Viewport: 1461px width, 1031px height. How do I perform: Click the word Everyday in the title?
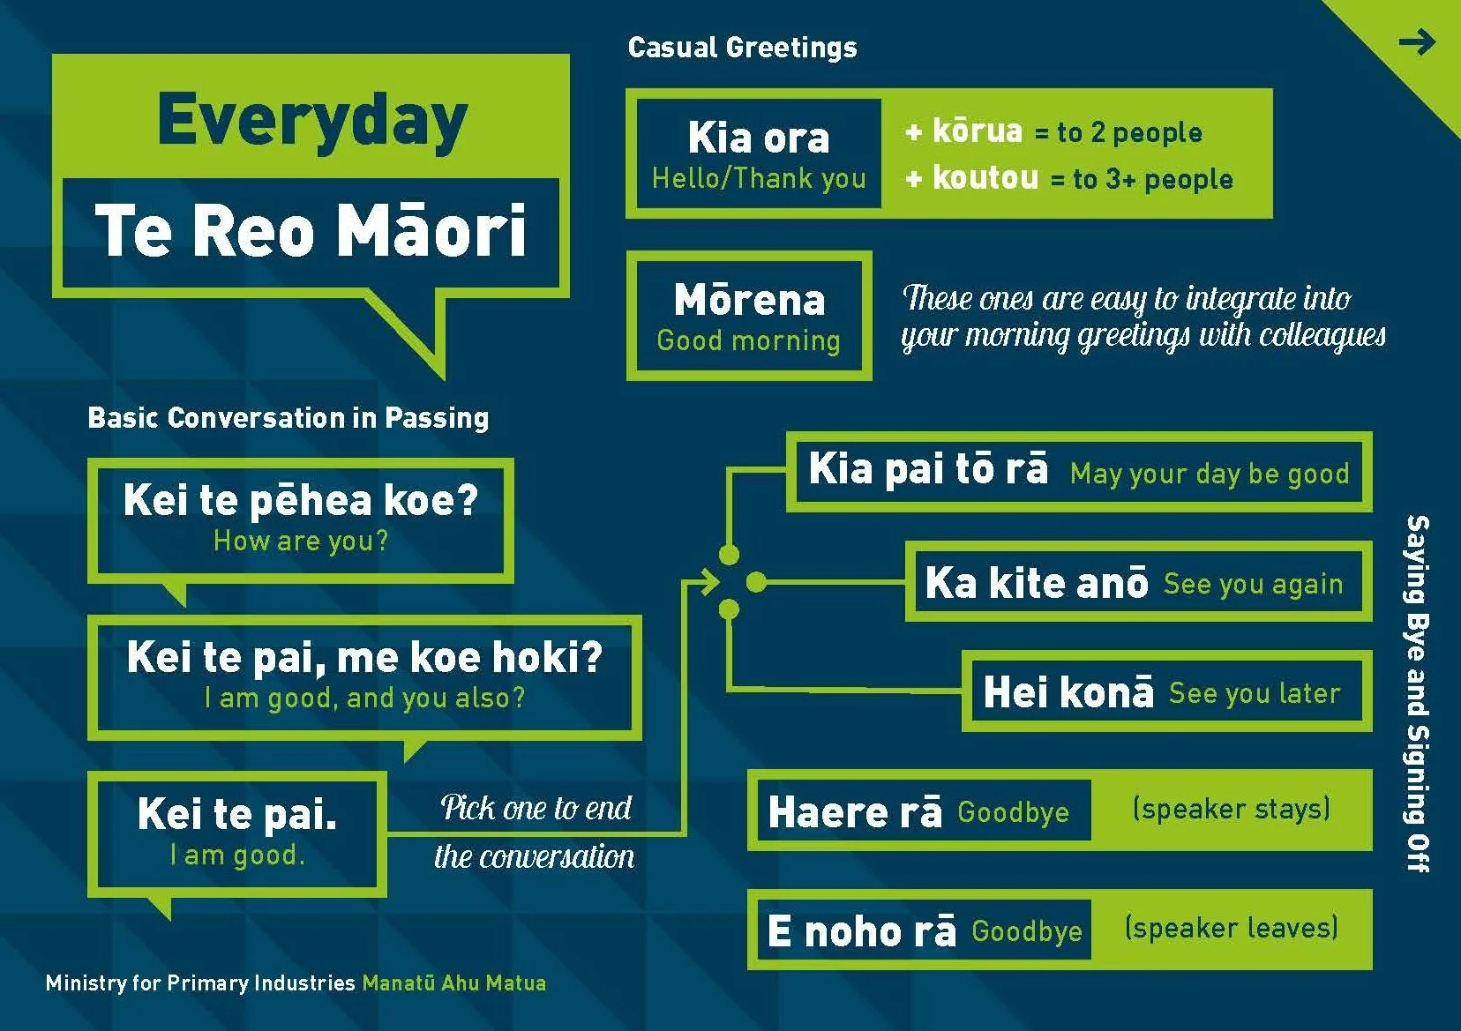(311, 122)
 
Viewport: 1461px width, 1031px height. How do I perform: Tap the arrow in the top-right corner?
(1417, 41)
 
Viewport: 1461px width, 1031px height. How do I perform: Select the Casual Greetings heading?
(742, 47)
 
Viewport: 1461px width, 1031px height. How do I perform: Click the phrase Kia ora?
(759, 138)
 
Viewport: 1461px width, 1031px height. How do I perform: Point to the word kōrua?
(978, 131)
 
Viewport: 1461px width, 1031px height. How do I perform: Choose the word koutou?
(985, 177)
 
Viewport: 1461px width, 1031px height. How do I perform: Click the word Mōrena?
(749, 300)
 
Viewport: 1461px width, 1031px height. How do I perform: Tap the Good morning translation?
(748, 340)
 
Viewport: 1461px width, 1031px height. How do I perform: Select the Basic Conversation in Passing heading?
(288, 417)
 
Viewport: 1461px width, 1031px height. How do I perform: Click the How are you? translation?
(300, 541)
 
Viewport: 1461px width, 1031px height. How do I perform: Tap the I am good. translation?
(237, 855)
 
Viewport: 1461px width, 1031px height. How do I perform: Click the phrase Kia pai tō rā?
(928, 468)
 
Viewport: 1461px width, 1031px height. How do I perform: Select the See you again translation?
(1253, 584)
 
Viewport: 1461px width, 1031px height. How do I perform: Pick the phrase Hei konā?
(1068, 692)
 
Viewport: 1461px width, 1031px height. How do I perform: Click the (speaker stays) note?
(1231, 809)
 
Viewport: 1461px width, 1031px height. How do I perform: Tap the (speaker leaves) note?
(1231, 928)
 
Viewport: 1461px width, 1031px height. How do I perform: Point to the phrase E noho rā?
(861, 931)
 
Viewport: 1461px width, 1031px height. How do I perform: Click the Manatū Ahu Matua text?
(453, 982)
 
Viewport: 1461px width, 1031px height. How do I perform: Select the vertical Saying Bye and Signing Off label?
(1416, 693)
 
